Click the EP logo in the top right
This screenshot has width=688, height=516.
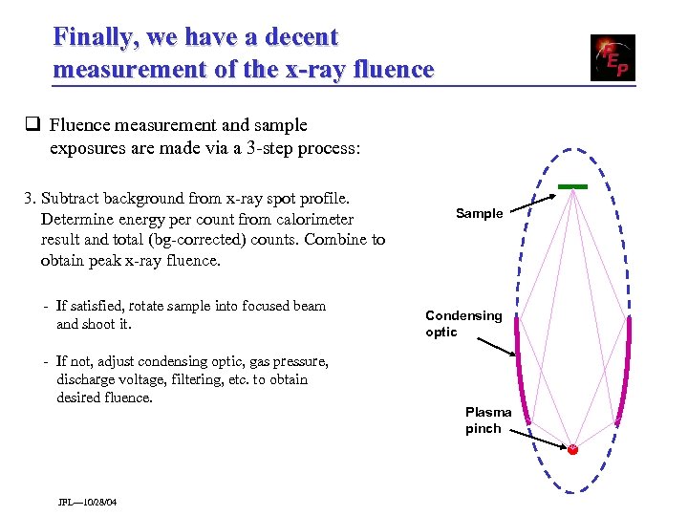(612, 57)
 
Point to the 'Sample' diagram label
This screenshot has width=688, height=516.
(479, 213)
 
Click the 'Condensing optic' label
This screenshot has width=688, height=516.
(463, 324)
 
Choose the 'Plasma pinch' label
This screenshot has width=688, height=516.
(488, 420)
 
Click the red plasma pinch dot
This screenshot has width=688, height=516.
(572, 448)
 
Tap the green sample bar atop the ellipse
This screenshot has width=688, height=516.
(572, 185)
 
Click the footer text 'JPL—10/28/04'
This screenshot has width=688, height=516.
(88, 502)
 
